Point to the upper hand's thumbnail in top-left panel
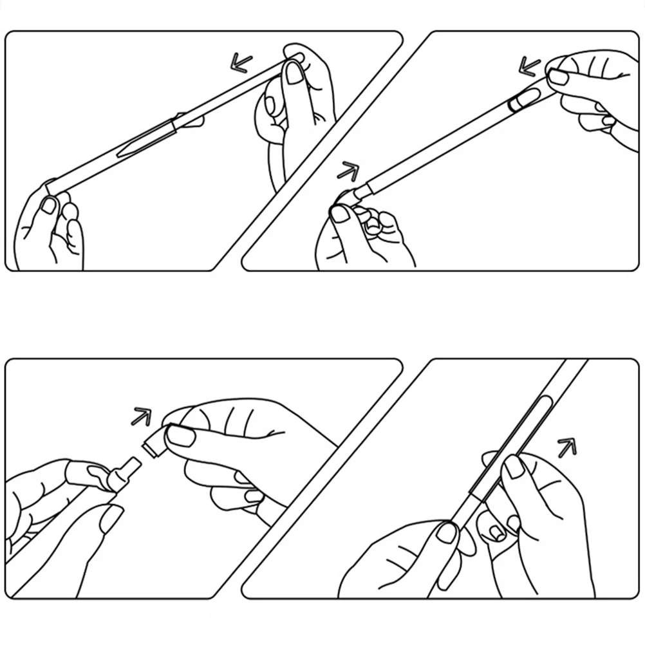pos(296,72)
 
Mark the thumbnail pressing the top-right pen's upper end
pos(558,77)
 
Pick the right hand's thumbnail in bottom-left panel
pos(182,436)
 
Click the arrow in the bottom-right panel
pos(566,445)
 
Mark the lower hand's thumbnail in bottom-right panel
pos(447,532)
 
